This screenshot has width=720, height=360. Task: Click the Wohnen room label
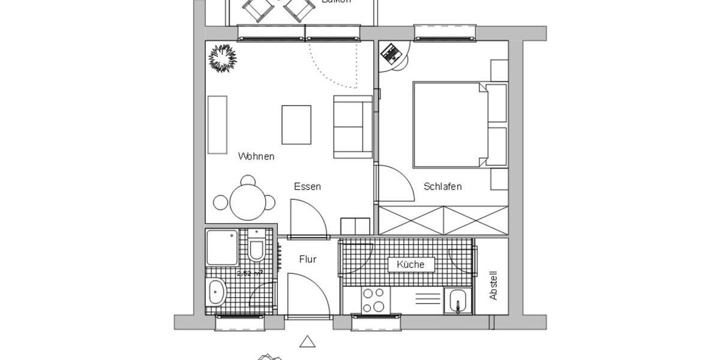coord(256,157)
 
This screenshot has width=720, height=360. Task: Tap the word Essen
coord(307,187)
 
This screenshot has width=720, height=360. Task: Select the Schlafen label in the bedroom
coord(443,187)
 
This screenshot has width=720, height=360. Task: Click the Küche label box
coord(410,265)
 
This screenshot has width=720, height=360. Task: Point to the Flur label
coord(308,260)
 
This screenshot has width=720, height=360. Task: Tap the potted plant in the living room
coord(223,58)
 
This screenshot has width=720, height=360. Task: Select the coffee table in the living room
coord(296,125)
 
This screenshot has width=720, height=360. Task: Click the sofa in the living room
coord(353,127)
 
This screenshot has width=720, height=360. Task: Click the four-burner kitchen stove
coord(373,300)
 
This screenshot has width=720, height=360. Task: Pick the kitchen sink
coord(458,301)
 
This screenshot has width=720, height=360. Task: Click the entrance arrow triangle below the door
coord(308,342)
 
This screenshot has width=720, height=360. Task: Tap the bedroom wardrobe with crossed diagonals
coord(443,220)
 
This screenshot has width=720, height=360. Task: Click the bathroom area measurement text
coord(250,274)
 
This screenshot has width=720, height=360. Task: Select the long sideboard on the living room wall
coord(218,124)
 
